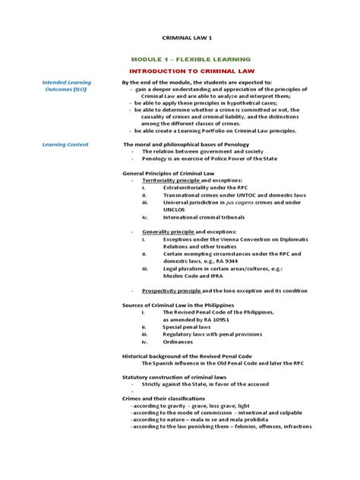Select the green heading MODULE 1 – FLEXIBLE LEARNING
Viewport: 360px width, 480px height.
click(191, 59)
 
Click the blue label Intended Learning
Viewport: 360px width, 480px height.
click(67, 82)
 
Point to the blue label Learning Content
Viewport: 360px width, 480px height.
click(65, 144)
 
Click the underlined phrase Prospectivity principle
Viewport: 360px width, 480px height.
click(172, 290)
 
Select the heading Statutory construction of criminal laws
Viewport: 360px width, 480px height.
click(174, 376)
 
